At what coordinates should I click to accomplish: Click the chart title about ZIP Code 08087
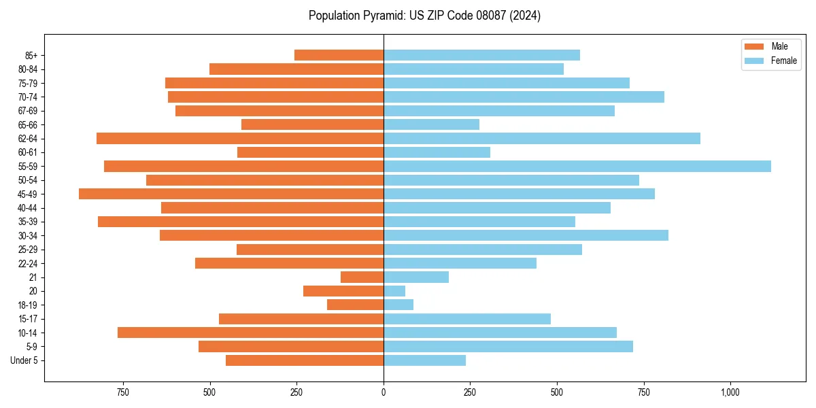point(424,16)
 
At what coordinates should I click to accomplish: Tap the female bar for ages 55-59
point(577,167)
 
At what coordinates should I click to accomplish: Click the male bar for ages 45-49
point(231,194)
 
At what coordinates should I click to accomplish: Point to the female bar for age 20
point(394,291)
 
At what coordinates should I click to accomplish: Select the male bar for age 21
point(362,277)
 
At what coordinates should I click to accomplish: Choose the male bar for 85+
point(339,55)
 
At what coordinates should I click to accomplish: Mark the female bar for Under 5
point(424,360)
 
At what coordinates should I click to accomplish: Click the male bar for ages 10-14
point(250,333)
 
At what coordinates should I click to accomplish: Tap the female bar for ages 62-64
point(541,139)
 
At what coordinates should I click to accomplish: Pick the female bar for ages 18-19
point(398,305)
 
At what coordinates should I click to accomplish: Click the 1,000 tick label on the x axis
point(730,392)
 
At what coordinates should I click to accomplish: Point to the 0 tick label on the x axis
point(384,392)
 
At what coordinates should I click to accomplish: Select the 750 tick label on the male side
point(123,392)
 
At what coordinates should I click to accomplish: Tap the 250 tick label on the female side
point(470,392)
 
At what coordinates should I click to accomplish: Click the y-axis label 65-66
point(28,125)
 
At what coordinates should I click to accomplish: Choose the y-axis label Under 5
point(24,360)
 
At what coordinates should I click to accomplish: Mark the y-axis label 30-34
point(28,236)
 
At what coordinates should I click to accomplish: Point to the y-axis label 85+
point(31,55)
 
